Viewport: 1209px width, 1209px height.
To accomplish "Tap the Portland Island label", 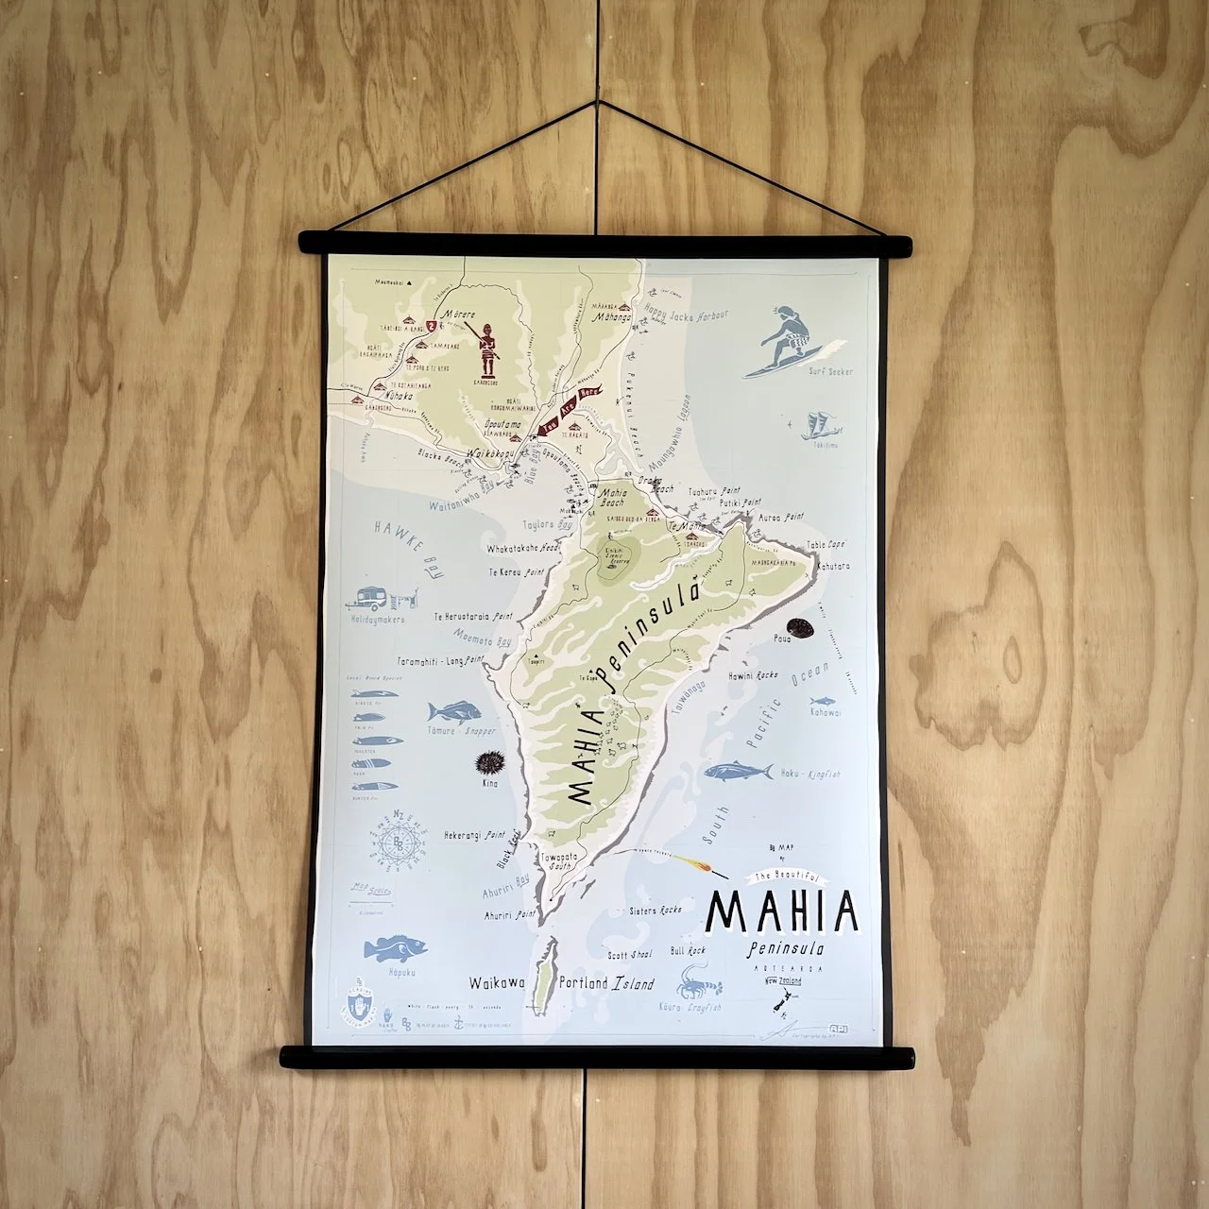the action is click(x=605, y=983).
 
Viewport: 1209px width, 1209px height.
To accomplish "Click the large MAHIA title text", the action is click(x=783, y=910).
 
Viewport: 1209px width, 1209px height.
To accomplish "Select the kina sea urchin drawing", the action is click(x=488, y=761).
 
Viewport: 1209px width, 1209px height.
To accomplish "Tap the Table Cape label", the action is click(x=825, y=546).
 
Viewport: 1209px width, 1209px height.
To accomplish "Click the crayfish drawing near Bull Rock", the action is click(x=702, y=980).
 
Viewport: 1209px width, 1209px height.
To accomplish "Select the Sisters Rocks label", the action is click(x=656, y=911).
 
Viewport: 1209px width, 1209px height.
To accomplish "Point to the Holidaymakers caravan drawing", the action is click(x=386, y=599).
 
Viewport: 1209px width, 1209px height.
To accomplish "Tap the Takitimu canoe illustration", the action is click(x=818, y=426).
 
